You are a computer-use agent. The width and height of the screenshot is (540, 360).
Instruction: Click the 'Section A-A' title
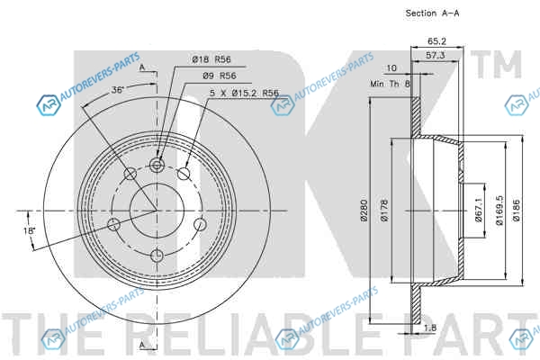(x=432, y=13)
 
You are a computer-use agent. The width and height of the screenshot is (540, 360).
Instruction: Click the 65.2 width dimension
(x=436, y=41)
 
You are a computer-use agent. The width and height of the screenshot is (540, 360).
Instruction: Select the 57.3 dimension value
(x=436, y=55)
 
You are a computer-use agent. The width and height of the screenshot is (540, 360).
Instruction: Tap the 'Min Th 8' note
(x=391, y=84)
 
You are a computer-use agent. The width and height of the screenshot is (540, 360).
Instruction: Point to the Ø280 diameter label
(x=364, y=210)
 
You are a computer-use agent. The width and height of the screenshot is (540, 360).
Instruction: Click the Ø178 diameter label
(x=384, y=210)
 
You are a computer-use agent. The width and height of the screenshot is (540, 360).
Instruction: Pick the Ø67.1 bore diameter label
(x=479, y=210)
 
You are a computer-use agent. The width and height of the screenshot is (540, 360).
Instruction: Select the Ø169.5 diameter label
(x=499, y=210)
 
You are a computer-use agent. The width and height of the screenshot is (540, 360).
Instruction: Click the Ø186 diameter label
(x=517, y=210)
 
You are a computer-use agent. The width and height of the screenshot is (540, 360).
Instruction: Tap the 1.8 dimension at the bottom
(x=430, y=328)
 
